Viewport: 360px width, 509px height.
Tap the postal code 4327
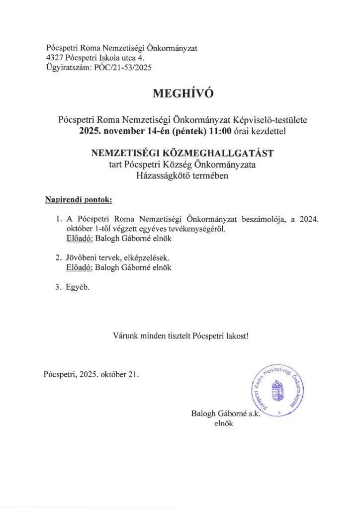coord(54,58)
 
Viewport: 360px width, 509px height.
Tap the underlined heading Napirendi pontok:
coord(79,200)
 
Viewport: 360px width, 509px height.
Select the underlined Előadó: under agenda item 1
coord(79,239)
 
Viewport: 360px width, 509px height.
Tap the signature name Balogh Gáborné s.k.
coord(225,414)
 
